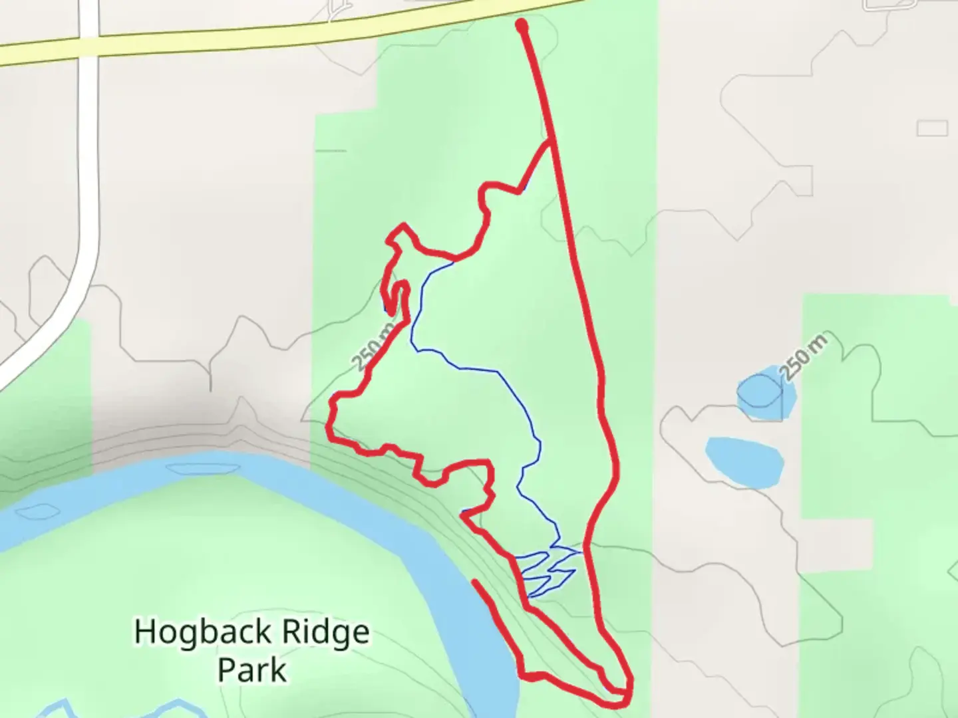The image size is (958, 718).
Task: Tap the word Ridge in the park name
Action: (326, 632)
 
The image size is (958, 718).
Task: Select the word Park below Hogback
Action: (252, 669)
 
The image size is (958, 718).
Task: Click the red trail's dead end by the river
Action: (475, 583)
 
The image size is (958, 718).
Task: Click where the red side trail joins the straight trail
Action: (549, 141)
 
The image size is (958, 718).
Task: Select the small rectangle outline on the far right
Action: (931, 128)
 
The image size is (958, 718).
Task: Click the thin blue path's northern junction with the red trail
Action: (454, 261)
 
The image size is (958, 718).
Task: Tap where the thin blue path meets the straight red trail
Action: (583, 552)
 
